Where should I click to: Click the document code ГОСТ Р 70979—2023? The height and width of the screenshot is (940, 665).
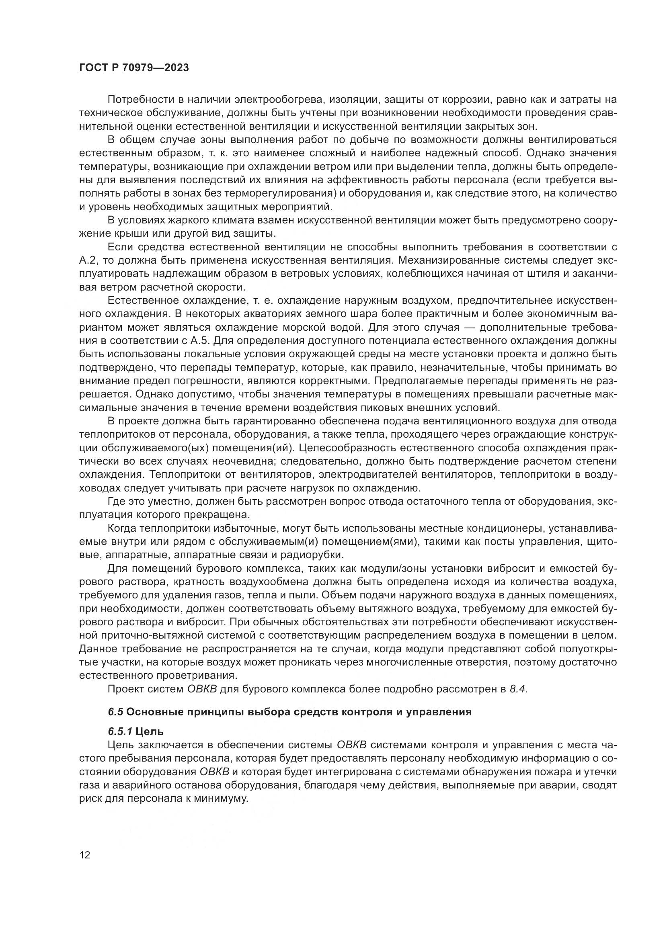[x=134, y=68]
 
